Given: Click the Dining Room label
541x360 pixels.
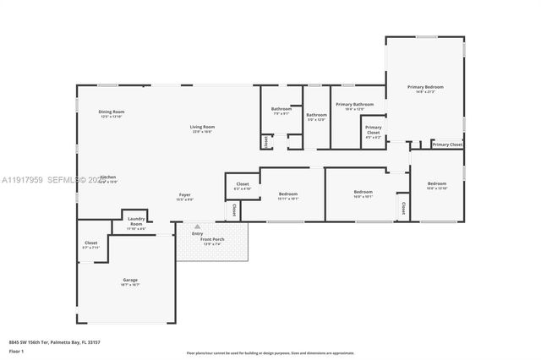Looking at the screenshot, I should pyautogui.click(x=112, y=112).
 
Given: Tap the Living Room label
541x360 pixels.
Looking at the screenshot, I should pyautogui.click(x=201, y=127).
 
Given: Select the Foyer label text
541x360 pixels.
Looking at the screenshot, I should pyautogui.click(x=184, y=195).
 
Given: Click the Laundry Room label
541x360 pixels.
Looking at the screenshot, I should pyautogui.click(x=136, y=224).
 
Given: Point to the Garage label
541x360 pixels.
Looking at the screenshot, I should pyautogui.click(x=129, y=280).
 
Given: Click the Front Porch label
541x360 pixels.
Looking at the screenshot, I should pyautogui.click(x=211, y=240).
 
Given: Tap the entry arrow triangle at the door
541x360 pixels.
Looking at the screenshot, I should pyautogui.click(x=197, y=226).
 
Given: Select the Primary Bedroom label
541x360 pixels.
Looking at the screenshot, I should pyautogui.click(x=424, y=87).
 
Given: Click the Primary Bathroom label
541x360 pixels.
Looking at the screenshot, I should pyautogui.click(x=349, y=104).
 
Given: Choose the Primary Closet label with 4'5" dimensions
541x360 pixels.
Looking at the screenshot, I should pyautogui.click(x=373, y=129).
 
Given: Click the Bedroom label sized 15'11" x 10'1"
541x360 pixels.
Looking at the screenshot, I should pyautogui.click(x=287, y=194).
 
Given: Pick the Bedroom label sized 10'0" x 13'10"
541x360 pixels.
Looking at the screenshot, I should pyautogui.click(x=436, y=183).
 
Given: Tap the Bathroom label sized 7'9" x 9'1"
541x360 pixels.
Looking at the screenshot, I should pyautogui.click(x=281, y=108).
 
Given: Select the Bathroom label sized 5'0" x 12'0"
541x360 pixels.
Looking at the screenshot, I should pyautogui.click(x=316, y=115).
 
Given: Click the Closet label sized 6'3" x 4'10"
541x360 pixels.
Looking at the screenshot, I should pyautogui.click(x=242, y=183).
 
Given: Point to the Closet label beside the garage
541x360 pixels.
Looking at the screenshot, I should pyautogui.click(x=90, y=243).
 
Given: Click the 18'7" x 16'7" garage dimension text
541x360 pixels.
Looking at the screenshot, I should pyautogui.click(x=129, y=285).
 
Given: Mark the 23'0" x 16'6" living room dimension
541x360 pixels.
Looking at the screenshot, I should pyautogui.click(x=201, y=132).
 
